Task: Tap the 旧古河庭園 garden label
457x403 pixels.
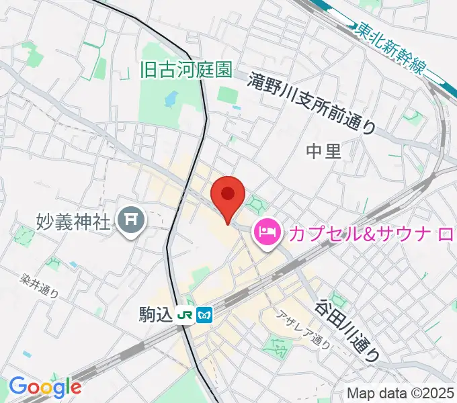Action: (186, 69)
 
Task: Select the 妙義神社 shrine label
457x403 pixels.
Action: (73, 220)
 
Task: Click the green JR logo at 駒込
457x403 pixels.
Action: (185, 314)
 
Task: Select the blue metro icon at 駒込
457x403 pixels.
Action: (206, 314)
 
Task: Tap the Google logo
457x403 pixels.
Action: (44, 387)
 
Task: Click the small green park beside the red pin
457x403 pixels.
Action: (255, 202)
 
